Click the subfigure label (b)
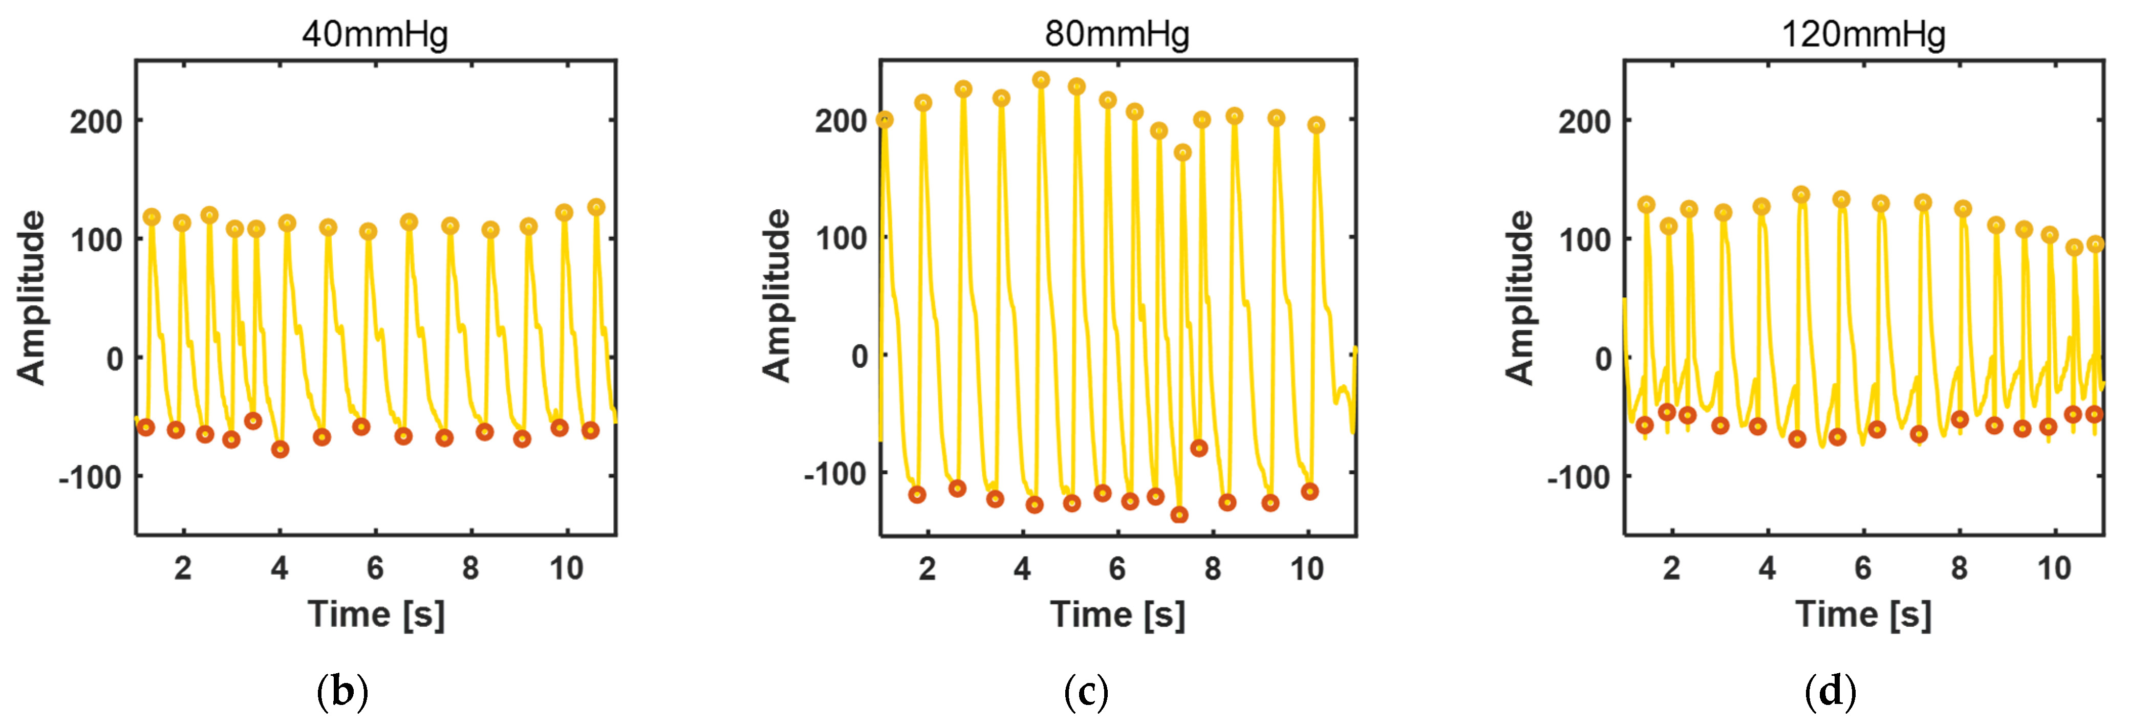point(342,691)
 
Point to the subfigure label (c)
point(1085,691)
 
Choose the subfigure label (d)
point(1831,691)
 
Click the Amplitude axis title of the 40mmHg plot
point(31,297)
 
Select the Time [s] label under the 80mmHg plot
point(1117,615)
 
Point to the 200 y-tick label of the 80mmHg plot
point(841,121)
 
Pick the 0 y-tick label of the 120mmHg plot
point(1603,359)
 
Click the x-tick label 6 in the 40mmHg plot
point(375,568)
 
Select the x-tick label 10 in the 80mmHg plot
point(1307,568)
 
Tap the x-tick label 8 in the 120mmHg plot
point(1959,568)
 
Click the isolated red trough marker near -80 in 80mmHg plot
point(1198,448)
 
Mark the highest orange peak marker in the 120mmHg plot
point(1801,195)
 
